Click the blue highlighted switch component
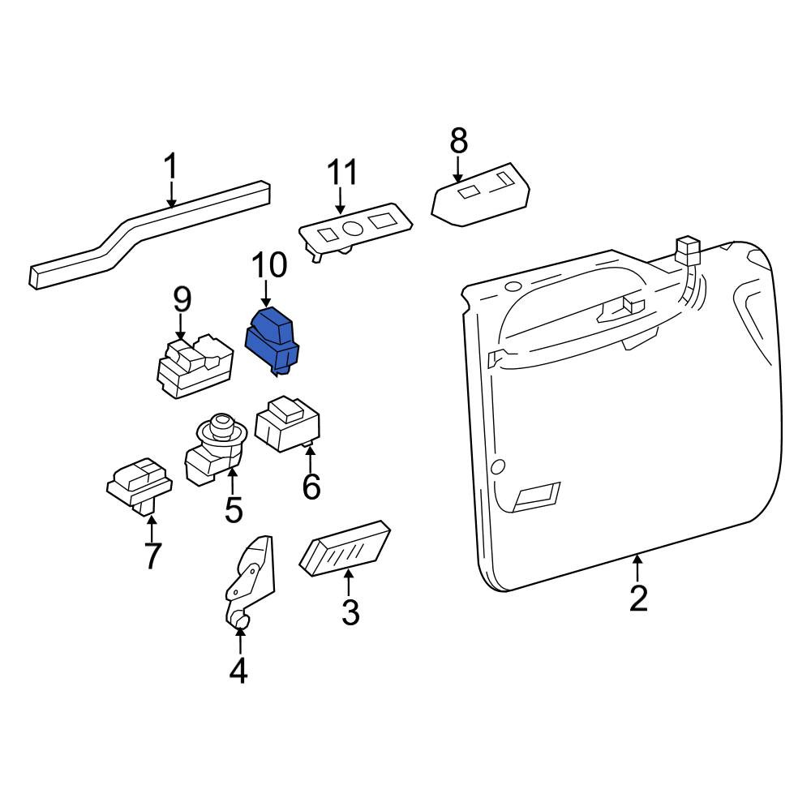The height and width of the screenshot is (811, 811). pos(272,341)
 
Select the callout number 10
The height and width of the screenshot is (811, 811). pos(269,265)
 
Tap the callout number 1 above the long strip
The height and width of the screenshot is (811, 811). pos(170,166)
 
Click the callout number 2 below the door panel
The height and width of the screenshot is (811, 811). pos(638,599)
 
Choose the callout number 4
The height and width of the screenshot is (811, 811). pos(238,671)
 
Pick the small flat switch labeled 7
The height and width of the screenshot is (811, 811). pos(139,484)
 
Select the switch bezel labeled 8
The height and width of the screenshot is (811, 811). pos(480,195)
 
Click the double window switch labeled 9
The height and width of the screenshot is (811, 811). pos(195,366)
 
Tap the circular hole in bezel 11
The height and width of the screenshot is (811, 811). pos(353,228)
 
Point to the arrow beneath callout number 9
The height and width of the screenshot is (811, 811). pos(180,328)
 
